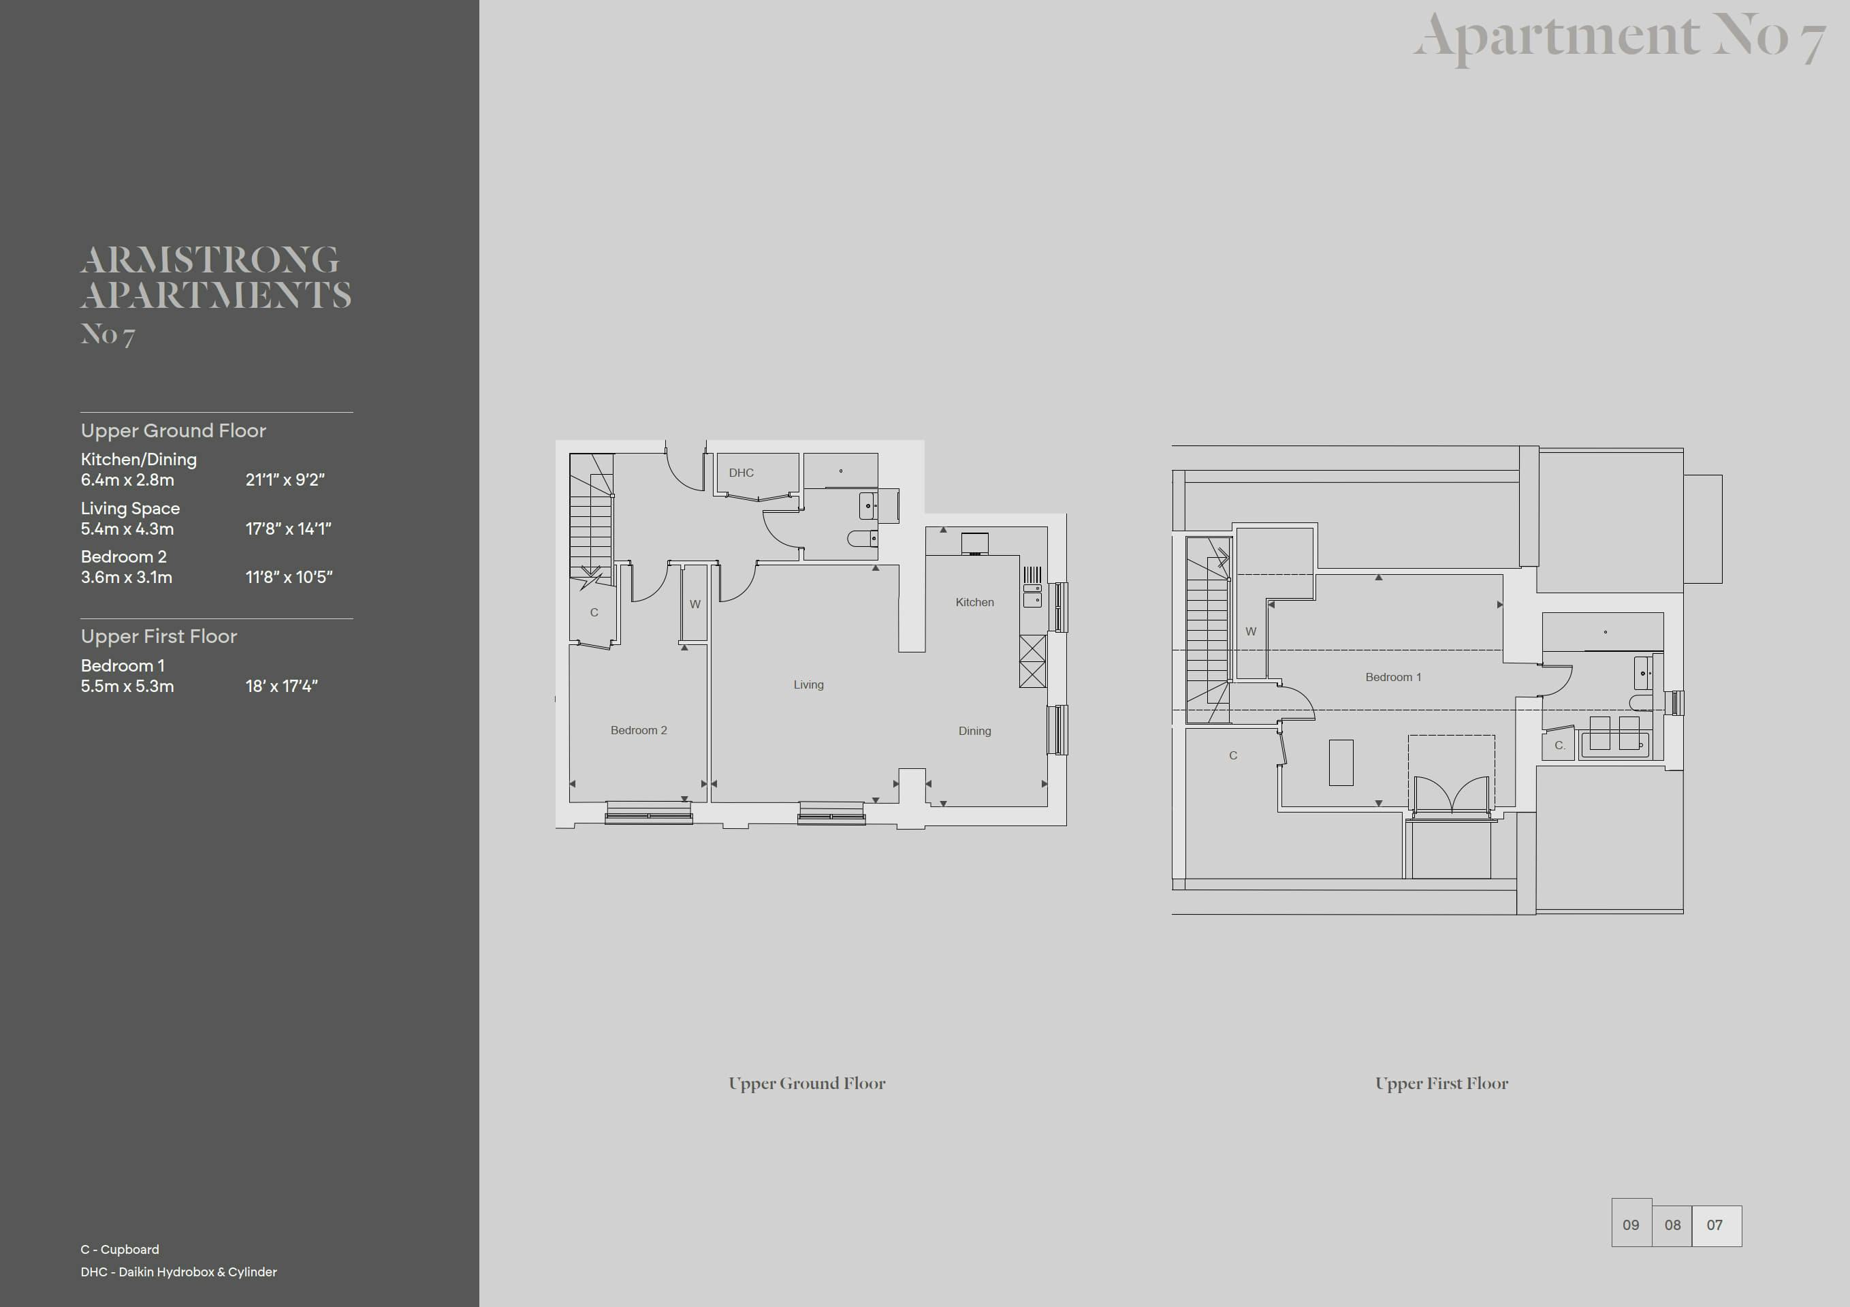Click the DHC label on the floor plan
pos(741,473)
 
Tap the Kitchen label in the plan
pos(974,602)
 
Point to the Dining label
pos(974,731)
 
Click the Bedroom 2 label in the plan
pos(638,730)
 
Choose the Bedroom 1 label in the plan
pos(1393,677)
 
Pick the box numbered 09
pos(1631,1225)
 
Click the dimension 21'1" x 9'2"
pos(285,479)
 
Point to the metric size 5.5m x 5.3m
pos(127,687)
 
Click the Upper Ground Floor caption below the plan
pos(807,1084)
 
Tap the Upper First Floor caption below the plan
pos(1441,1084)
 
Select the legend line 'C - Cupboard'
pos(120,1249)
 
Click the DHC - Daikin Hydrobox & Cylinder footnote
pos(179,1272)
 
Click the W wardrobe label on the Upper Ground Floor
pos(695,604)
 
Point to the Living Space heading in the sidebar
pos(130,509)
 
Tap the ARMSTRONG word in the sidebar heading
pos(210,259)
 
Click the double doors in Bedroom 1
pos(1451,793)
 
